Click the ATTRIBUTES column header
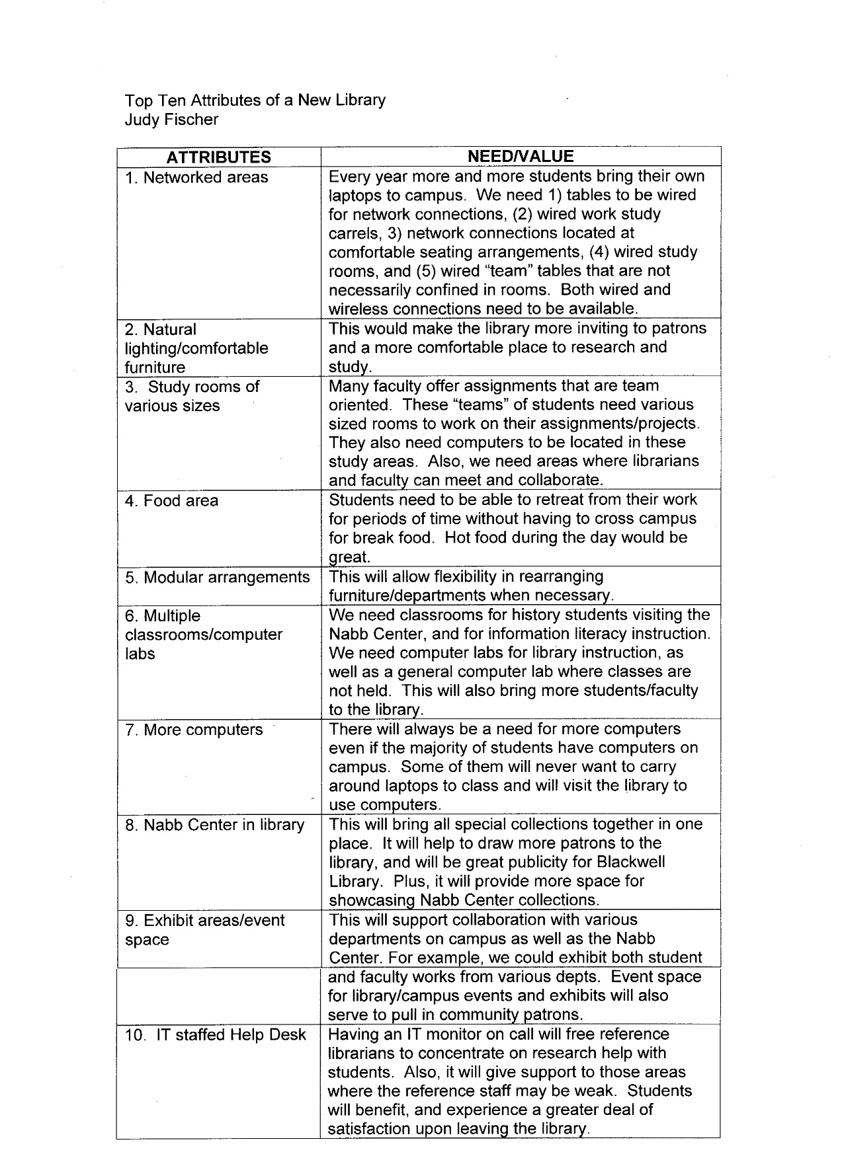point(218,157)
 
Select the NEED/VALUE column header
point(520,157)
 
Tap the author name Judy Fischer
point(171,120)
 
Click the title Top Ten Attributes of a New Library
point(255,100)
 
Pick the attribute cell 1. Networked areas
point(196,177)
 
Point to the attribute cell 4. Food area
point(171,500)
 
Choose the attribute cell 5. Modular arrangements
point(217,577)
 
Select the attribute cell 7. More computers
point(193,730)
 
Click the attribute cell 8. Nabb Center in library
point(214,825)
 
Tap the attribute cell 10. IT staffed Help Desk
point(216,1034)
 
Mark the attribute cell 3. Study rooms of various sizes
point(192,396)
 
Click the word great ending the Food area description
point(349,557)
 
